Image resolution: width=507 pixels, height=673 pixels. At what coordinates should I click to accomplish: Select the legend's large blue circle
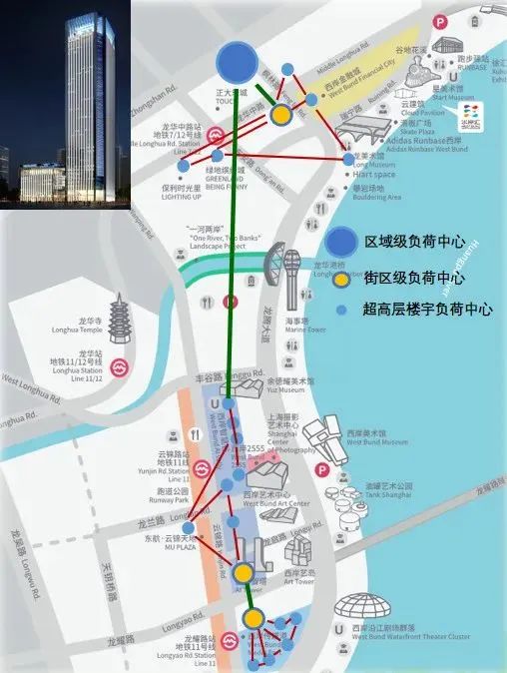pos(340,242)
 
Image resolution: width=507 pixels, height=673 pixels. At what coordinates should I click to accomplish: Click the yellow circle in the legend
pos(340,278)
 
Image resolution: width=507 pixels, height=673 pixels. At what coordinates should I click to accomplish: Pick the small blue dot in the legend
pos(340,311)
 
